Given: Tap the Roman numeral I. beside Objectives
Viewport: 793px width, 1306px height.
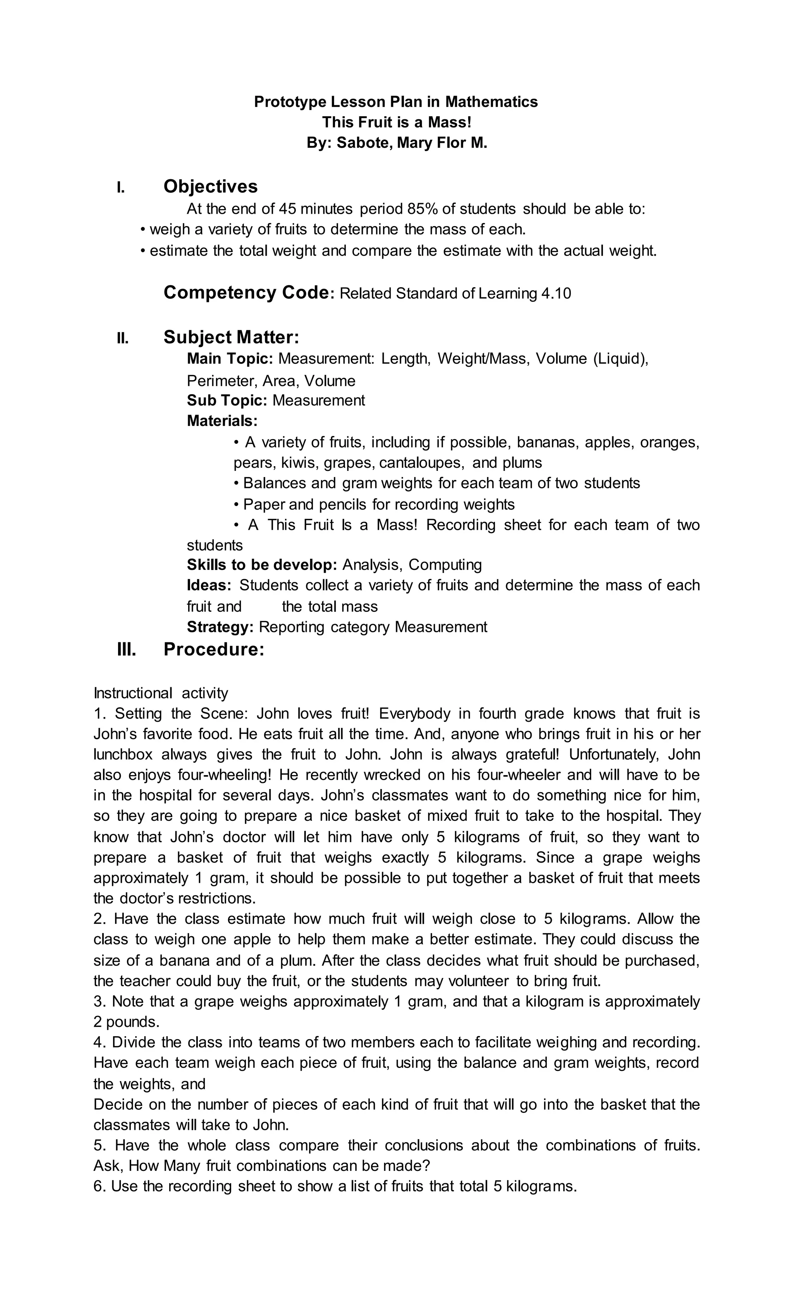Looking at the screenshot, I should [121, 187].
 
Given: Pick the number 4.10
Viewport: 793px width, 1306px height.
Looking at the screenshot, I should [556, 293].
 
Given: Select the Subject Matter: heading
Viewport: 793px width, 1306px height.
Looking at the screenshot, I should [231, 337].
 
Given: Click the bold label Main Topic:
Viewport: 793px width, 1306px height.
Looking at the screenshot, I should [230, 359].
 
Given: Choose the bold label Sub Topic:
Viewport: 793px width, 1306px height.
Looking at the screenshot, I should [227, 400].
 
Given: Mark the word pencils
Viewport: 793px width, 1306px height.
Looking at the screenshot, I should [343, 504].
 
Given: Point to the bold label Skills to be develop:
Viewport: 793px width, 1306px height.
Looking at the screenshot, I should [262, 565].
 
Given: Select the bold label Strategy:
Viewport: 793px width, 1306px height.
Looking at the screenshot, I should [220, 627].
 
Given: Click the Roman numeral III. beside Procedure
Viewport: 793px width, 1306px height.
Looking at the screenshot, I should [126, 649].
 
